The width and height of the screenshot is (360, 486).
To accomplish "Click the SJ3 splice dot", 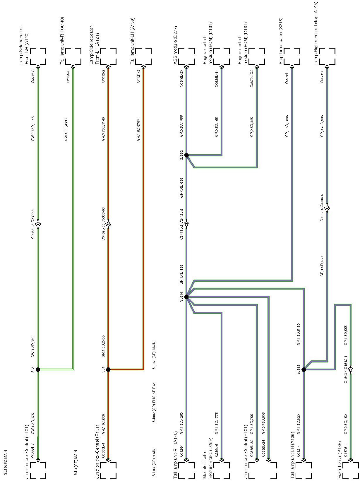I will [x=38, y=369].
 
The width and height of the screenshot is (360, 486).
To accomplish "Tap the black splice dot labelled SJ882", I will [x=186, y=155].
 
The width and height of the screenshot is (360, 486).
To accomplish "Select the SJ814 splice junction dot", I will [x=186, y=297].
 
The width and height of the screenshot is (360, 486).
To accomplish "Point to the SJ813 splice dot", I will [x=304, y=369].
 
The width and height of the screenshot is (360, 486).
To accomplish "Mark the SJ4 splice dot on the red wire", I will [x=108, y=369].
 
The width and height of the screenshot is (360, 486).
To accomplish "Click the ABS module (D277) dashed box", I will [x=186, y=56].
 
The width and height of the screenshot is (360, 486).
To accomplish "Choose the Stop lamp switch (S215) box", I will [x=292, y=56].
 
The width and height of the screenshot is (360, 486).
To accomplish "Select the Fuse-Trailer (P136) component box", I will [x=350, y=470].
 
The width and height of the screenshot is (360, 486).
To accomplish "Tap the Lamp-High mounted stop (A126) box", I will [x=327, y=56].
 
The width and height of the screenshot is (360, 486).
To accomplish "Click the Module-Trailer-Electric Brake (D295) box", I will [x=222, y=470].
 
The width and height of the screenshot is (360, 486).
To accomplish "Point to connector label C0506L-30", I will [x=181, y=77].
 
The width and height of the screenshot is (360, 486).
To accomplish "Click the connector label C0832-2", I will [x=322, y=76].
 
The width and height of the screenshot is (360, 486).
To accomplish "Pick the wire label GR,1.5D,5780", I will [x=138, y=130].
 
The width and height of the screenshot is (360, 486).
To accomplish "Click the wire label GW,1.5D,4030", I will [x=66, y=130].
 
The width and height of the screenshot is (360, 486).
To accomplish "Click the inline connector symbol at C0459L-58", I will [x=108, y=224].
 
